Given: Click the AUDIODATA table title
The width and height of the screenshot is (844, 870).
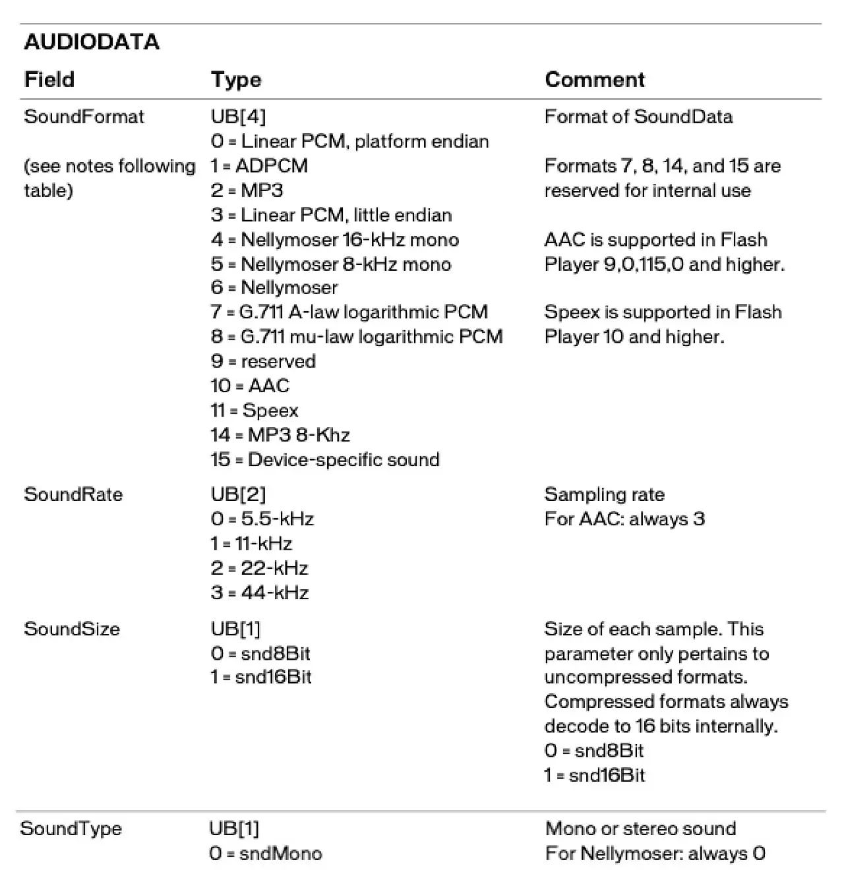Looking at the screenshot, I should (92, 42).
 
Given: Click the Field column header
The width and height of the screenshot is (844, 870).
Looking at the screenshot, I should (49, 80).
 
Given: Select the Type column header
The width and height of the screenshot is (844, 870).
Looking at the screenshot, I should (236, 80).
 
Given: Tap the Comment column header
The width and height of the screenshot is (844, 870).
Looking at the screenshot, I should (595, 80).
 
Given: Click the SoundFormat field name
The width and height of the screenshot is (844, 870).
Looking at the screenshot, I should (84, 117).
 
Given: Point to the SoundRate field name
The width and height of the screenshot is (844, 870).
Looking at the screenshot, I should (73, 494).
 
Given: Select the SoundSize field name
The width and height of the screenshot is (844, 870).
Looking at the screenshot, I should (72, 629).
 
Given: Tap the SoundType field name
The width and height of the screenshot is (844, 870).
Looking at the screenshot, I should (71, 828).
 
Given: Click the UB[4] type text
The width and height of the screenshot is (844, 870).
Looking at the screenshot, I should (238, 117).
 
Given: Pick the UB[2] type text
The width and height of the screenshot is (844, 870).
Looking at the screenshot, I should (238, 494).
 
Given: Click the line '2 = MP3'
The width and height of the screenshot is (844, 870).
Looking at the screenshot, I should (247, 190).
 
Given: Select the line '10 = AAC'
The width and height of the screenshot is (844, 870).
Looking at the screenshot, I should (250, 386).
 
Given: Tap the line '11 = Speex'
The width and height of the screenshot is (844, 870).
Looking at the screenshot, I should (255, 411).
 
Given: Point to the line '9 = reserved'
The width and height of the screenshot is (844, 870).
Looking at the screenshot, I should (263, 361).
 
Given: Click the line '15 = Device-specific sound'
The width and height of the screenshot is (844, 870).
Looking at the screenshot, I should (325, 459).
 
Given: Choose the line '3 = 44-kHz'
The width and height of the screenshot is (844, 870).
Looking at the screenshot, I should (260, 593).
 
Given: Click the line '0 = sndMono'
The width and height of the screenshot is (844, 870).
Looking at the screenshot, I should (266, 854).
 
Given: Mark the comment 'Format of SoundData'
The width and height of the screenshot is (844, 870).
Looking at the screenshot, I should (638, 117).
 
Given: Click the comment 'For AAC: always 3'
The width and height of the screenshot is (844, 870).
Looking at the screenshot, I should (624, 519).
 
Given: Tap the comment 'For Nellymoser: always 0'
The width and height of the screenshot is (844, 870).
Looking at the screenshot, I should (655, 854).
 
